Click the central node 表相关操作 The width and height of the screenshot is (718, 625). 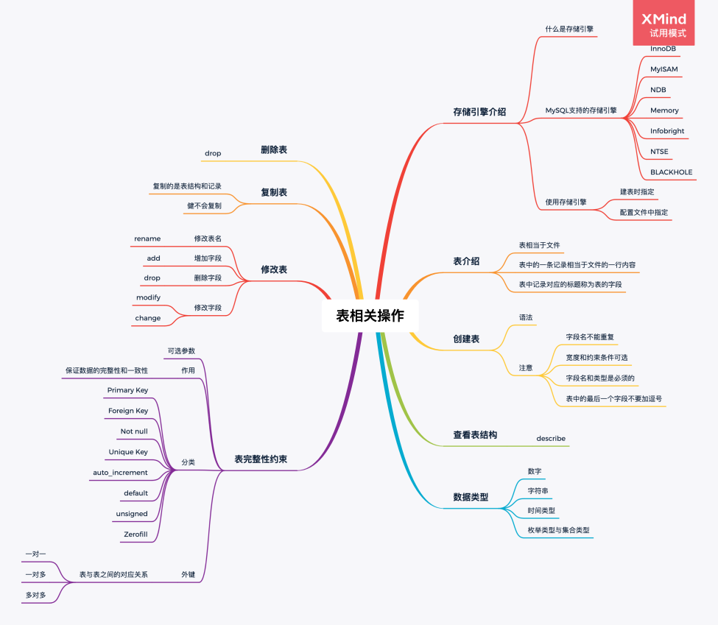click(x=370, y=316)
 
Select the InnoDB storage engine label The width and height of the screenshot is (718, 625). click(x=663, y=49)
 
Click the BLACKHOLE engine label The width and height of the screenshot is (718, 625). click(x=671, y=172)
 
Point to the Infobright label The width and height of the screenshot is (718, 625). click(x=667, y=131)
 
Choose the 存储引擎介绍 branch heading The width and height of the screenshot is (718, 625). click(x=479, y=112)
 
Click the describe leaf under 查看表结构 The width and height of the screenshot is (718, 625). click(x=551, y=438)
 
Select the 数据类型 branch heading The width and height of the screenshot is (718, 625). click(x=471, y=497)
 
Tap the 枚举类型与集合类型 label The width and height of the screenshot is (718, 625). click(x=558, y=529)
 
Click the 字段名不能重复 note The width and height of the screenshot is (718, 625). click(x=590, y=336)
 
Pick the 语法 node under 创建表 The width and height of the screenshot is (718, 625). click(x=526, y=317)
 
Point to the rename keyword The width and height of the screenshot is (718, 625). click(x=147, y=238)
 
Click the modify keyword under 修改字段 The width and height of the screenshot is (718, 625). click(x=148, y=297)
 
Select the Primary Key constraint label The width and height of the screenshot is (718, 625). click(x=127, y=389)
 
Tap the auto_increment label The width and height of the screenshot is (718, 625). click(x=120, y=472)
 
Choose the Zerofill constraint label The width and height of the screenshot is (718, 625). click(x=135, y=534)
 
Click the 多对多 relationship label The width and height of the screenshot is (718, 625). click(x=35, y=594)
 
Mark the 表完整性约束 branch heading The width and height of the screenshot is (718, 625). click(x=261, y=459)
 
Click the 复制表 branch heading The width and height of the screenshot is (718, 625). click(x=274, y=192)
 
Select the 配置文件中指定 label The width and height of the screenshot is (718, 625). click(x=644, y=211)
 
